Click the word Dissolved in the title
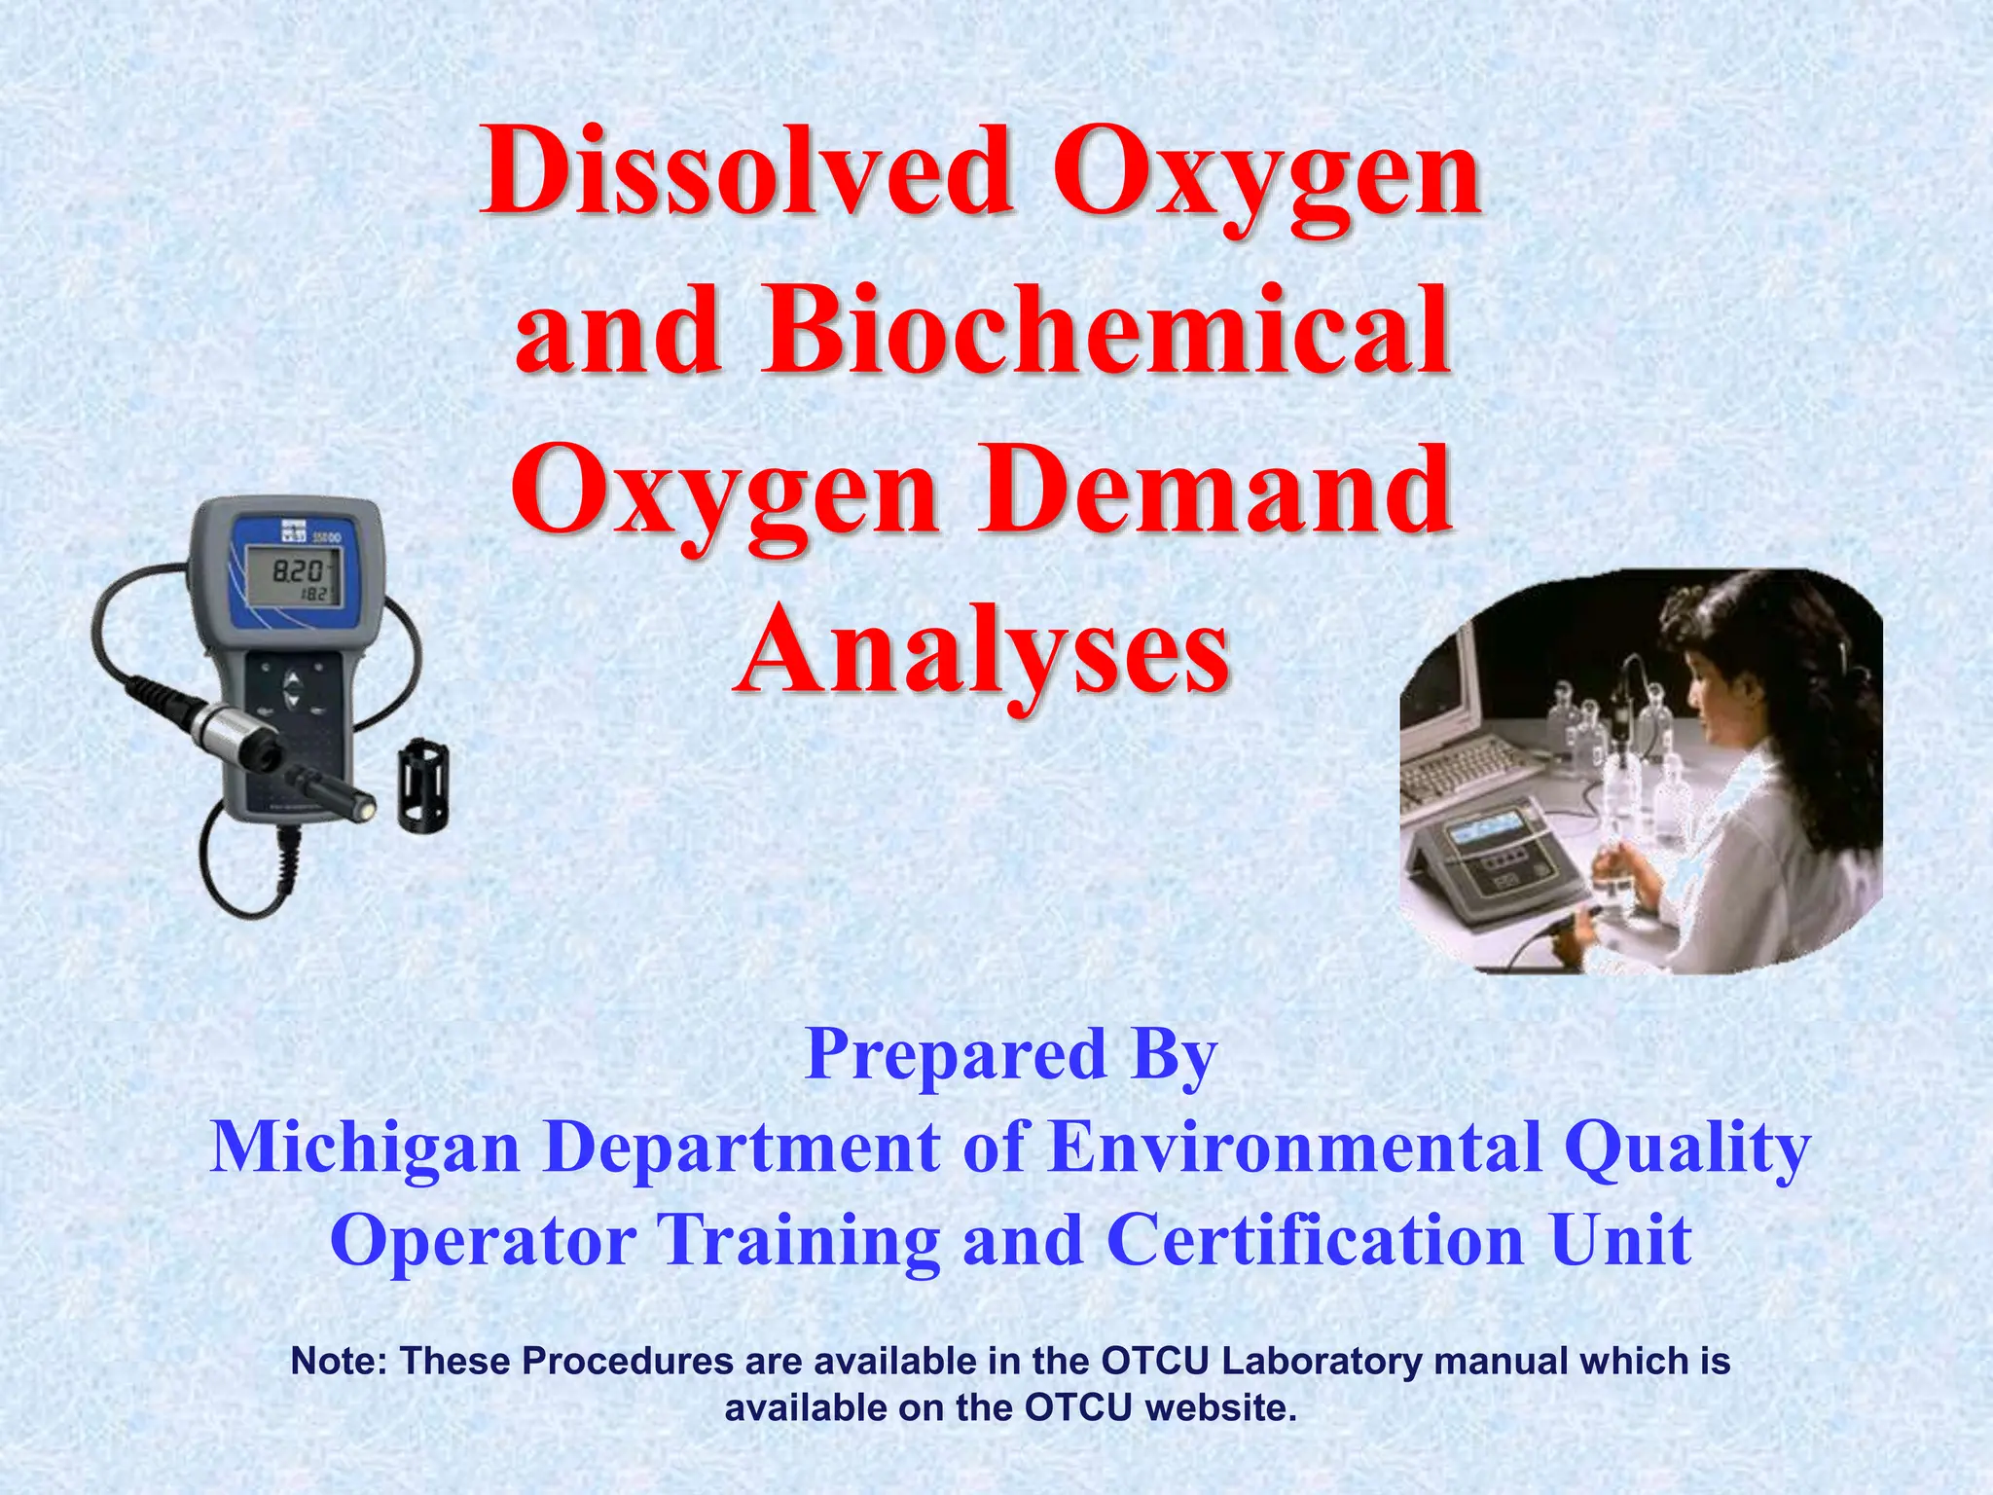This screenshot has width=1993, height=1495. [746, 173]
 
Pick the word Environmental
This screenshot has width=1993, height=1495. [1295, 1149]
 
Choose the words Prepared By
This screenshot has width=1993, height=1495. [1011, 1055]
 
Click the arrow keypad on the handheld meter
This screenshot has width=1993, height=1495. [293, 687]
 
